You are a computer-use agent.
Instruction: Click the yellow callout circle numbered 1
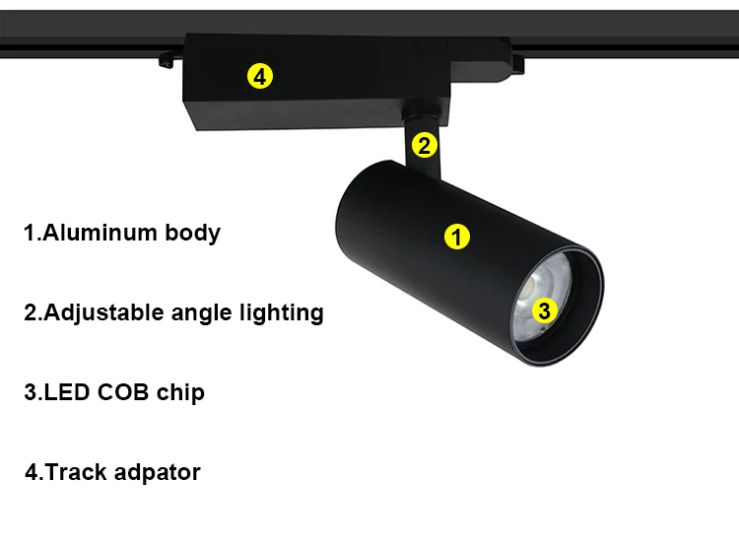(x=456, y=237)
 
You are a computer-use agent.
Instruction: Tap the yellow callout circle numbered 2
(x=425, y=145)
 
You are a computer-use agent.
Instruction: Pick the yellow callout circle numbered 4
(x=260, y=76)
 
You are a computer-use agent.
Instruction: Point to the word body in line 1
(x=192, y=234)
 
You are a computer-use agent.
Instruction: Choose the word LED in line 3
(x=69, y=392)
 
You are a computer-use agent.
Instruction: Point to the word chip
(x=180, y=393)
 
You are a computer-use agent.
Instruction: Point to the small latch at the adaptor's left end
(x=166, y=62)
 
